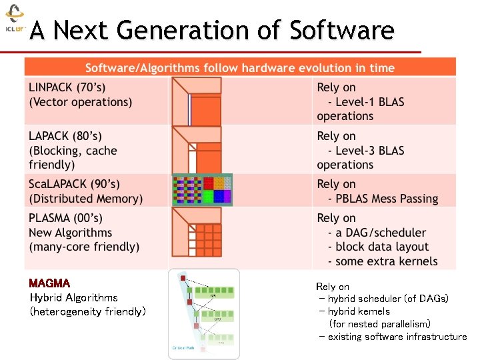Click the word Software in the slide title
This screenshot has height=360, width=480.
click(341, 30)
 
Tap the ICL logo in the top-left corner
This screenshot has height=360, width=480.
click(14, 20)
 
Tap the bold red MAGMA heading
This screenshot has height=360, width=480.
click(50, 284)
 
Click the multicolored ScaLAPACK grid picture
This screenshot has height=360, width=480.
click(202, 190)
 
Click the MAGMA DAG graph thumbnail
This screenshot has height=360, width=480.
click(203, 313)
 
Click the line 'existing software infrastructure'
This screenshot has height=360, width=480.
click(397, 337)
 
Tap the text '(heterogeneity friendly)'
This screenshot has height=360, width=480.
click(87, 311)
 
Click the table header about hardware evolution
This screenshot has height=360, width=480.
click(240, 68)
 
